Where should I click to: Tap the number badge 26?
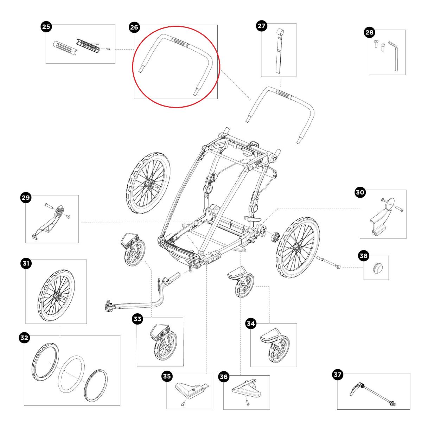point(134,27)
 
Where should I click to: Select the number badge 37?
point(338,375)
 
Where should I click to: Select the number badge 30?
point(360,192)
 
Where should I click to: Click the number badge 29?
point(26,198)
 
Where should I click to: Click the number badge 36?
point(224,377)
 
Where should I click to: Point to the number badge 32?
point(24,338)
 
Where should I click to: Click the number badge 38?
point(363,256)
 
